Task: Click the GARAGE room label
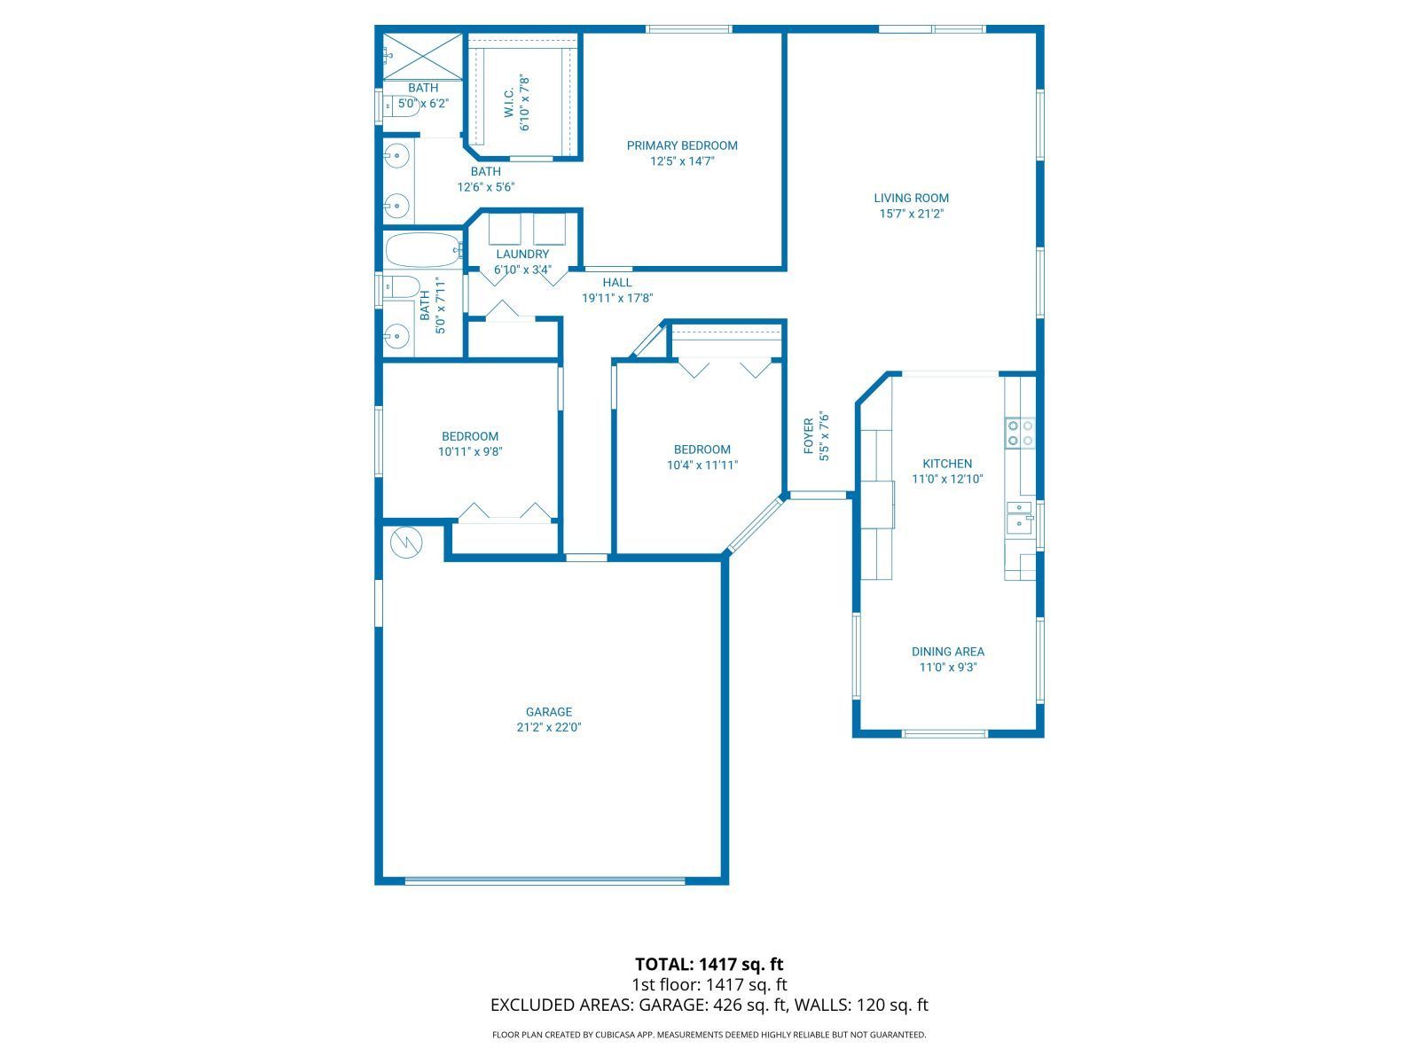click(x=548, y=711)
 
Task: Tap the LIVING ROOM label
click(x=911, y=198)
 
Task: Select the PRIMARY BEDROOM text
click(x=681, y=145)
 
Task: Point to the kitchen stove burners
click(x=1019, y=433)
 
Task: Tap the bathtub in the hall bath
click(x=423, y=250)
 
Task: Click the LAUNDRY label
click(x=522, y=254)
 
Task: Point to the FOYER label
click(x=809, y=435)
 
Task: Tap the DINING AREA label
click(x=947, y=652)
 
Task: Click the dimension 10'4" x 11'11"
click(x=702, y=465)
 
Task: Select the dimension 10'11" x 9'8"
click(x=470, y=451)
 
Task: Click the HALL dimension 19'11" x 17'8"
click(x=617, y=299)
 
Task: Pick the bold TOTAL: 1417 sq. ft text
click(x=709, y=964)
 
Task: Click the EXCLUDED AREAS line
click(x=709, y=1005)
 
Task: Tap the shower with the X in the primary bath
click(x=423, y=56)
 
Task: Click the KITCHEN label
click(x=947, y=464)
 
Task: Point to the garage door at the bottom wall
click(x=545, y=880)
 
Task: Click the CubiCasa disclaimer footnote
click(x=709, y=1035)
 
